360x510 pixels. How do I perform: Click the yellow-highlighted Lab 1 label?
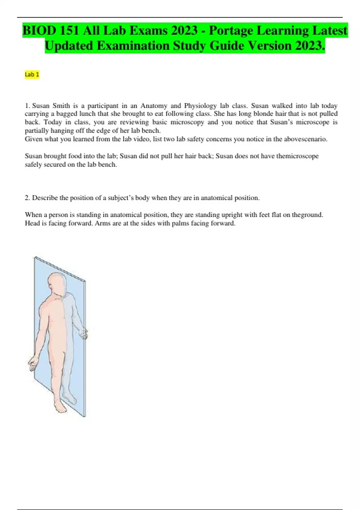pos(32,74)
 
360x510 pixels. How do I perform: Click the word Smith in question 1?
pos(61,106)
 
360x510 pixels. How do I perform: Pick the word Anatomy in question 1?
pos(154,106)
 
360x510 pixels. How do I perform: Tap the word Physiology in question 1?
pos(200,106)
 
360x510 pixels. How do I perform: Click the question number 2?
pos(27,198)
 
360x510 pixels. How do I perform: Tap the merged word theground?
pos(307,215)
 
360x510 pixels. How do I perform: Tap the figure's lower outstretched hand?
pos(33,364)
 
